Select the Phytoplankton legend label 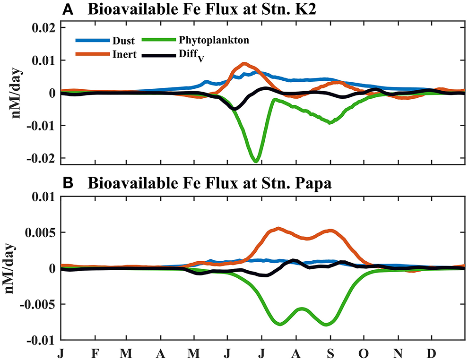[x=220, y=41]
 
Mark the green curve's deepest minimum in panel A [x=256, y=162]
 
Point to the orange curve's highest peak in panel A [x=243, y=63]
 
